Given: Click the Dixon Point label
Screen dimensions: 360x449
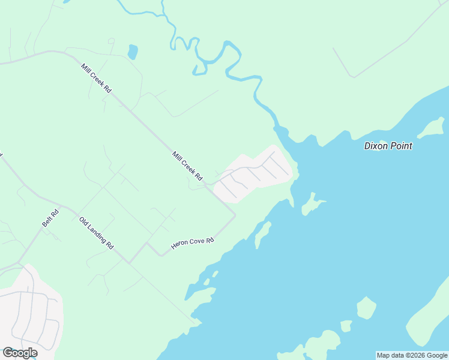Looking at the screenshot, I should pyautogui.click(x=388, y=146).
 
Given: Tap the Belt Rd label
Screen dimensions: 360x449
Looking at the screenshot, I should pyautogui.click(x=50, y=217).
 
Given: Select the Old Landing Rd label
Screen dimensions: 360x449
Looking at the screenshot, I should pyautogui.click(x=96, y=233).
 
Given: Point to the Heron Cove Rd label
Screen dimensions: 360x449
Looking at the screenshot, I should pyautogui.click(x=193, y=243).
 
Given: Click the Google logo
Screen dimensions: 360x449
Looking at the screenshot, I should pyautogui.click(x=20, y=353).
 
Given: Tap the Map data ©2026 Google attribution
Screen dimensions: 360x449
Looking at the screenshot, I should pyautogui.click(x=412, y=355).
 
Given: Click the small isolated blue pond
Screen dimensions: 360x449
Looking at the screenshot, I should pyautogui.click(x=133, y=52).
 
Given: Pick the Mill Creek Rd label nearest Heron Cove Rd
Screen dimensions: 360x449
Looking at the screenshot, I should pyautogui.click(x=188, y=167).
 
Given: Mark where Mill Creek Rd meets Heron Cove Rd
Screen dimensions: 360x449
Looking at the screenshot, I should pyautogui.click(x=235, y=214).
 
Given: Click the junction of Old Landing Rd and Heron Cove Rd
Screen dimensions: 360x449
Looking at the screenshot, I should pyautogui.click(x=129, y=262).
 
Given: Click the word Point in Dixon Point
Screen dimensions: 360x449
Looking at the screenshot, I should pyautogui.click(x=400, y=146).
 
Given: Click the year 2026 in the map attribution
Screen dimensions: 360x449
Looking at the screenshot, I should pyautogui.click(x=418, y=355).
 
